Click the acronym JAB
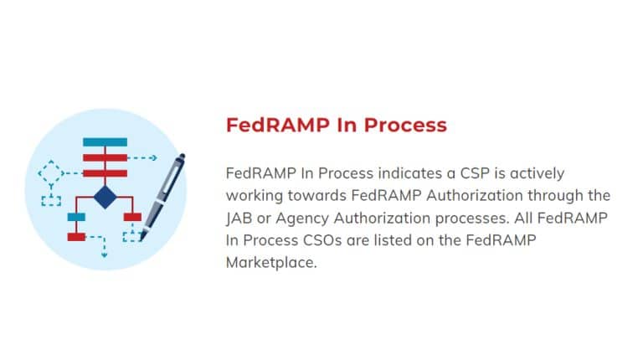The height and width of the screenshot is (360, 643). [239, 218]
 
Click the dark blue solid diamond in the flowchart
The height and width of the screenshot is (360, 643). [105, 198]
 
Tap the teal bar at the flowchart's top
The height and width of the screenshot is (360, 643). [105, 141]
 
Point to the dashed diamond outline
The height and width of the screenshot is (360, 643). [51, 173]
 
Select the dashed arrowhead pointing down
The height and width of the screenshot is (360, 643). [105, 255]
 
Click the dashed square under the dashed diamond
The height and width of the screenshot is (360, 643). [52, 199]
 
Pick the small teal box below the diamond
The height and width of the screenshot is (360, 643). [76, 218]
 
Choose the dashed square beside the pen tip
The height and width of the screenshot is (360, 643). [131, 234]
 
